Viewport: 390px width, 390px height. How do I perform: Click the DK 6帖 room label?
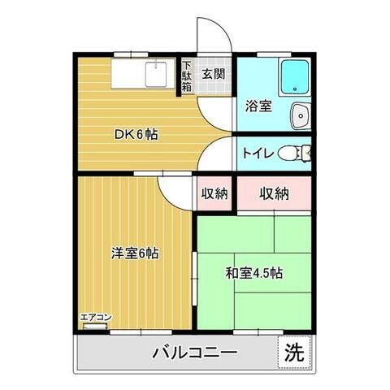click(135, 134)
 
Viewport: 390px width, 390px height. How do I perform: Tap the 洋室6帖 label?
click(135, 253)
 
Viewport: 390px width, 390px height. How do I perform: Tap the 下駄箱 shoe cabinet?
click(187, 75)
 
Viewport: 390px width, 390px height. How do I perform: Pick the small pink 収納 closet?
click(214, 193)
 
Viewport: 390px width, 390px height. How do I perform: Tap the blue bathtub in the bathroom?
click(293, 79)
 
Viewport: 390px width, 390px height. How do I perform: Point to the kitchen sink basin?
click(155, 75)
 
